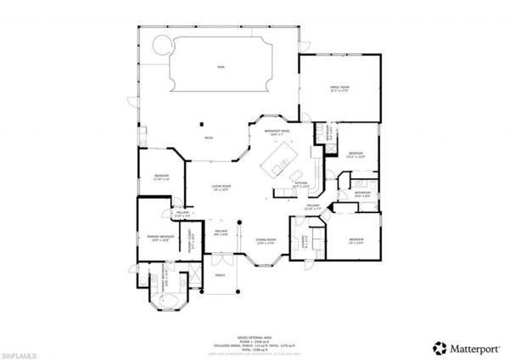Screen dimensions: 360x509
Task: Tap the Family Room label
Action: [x=340, y=87]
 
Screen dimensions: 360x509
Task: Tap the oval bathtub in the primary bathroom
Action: [x=163, y=301]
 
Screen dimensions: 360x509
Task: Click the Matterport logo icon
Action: [x=439, y=346]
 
